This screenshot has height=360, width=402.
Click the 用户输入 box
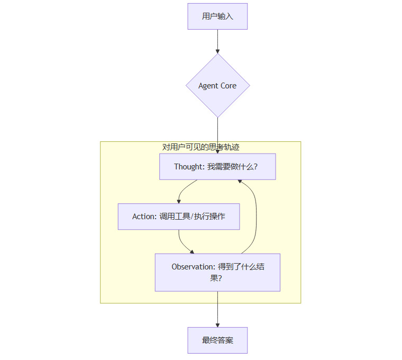tap(217, 16)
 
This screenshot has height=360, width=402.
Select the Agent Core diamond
tap(217, 86)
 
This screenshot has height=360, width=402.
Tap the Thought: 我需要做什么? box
tap(217, 167)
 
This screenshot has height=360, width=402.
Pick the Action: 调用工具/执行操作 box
tap(179, 217)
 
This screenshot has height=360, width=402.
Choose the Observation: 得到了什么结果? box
tap(217, 272)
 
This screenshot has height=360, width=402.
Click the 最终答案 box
tap(217, 340)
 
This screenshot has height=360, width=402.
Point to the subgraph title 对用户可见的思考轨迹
tap(200, 147)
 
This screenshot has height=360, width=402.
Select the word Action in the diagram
tap(143, 217)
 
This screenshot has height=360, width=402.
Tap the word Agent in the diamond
tap(208, 86)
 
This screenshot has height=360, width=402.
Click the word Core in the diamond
tap(229, 86)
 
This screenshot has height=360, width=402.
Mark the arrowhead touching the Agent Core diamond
tap(217, 51)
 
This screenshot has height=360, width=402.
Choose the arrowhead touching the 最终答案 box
tap(217, 325)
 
